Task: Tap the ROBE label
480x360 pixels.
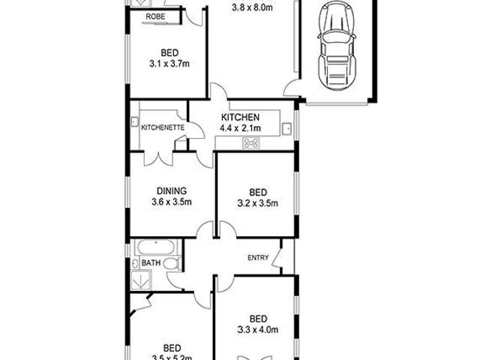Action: [x=156, y=16]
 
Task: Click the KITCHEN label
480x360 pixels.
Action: [x=240, y=118]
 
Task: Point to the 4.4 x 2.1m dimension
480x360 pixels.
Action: [x=240, y=128]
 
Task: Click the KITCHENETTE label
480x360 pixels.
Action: [x=163, y=128]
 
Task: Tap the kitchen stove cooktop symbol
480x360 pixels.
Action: [x=251, y=143]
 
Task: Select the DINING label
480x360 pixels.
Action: [x=172, y=191]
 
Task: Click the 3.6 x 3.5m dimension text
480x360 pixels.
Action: [x=172, y=202]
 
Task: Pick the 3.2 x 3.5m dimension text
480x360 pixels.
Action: [x=258, y=202]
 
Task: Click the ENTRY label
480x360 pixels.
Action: [x=258, y=258]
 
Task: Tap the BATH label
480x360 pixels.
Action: [x=150, y=263]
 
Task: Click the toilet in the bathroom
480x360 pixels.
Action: [x=171, y=263]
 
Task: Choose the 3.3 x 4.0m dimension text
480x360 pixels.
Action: [x=258, y=328]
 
